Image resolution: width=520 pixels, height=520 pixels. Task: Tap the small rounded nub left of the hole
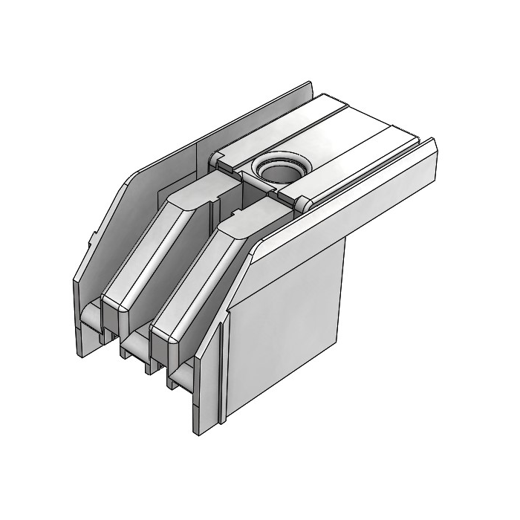coord(216,158)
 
